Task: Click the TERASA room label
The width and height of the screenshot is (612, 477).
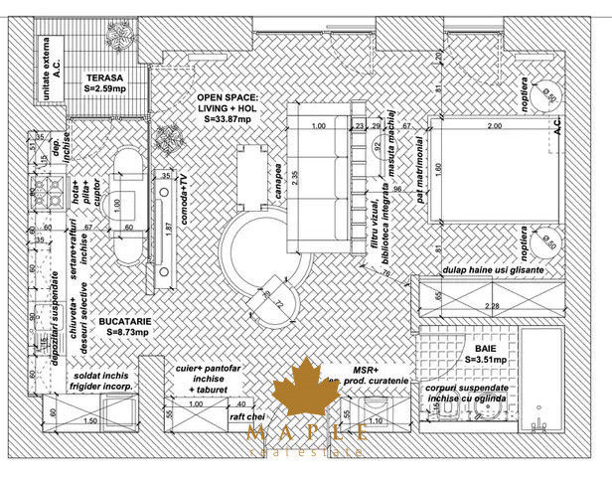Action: click(x=103, y=81)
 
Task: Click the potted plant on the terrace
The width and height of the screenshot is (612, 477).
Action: click(x=120, y=34)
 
